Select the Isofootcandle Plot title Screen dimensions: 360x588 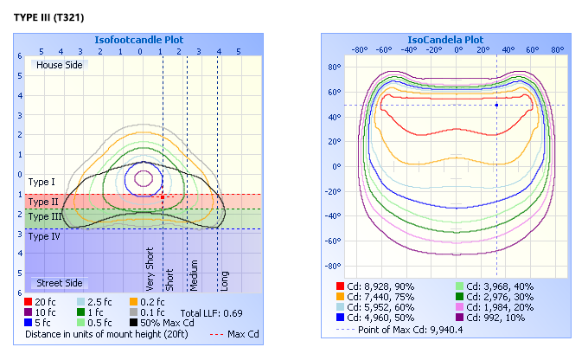tap(144, 40)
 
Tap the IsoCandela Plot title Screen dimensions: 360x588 tap(445, 40)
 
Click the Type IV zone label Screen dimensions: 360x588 tap(44, 236)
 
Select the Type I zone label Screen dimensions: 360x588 tap(42, 183)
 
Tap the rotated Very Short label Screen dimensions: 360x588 tap(150, 269)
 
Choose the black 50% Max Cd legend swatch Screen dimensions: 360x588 tap(134, 323)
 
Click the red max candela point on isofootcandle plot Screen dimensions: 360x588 tap(162, 197)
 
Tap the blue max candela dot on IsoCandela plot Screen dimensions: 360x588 tap(496, 106)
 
